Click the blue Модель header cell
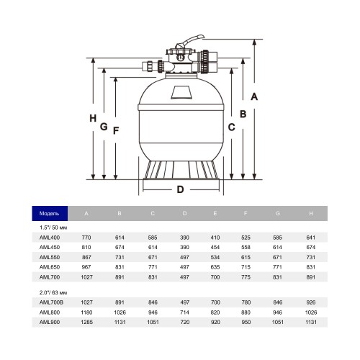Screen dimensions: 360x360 [50, 213]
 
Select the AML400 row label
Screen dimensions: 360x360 [50, 238]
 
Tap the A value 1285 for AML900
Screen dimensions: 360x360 [86, 322]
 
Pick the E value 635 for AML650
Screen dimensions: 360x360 [215, 267]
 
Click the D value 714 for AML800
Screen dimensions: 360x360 [184, 312]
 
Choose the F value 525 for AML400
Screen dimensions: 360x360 [246, 238]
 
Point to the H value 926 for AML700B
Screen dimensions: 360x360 [311, 302]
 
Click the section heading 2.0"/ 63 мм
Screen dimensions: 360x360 [53, 292]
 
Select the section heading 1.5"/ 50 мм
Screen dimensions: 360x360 [53, 228]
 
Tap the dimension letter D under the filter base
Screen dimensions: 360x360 [180, 189]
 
